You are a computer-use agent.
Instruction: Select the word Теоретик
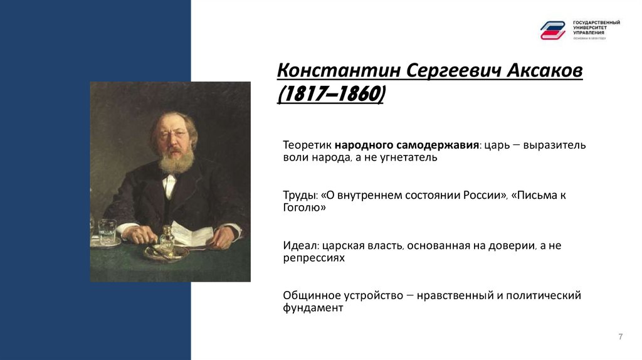click(307, 145)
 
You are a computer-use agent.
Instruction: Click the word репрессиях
click(314, 258)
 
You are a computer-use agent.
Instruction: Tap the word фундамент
click(313, 308)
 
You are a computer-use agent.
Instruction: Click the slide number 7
click(620, 337)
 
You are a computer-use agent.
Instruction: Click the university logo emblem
click(553, 29)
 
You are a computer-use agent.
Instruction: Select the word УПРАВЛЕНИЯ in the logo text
click(589, 32)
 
